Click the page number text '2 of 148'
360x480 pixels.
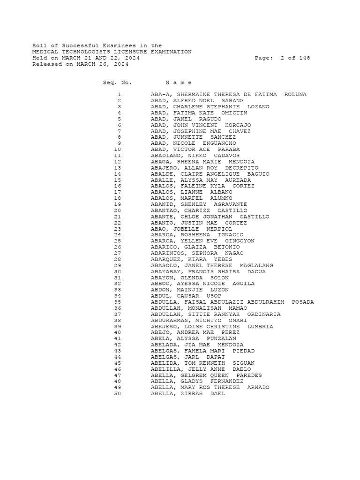tap(295, 58)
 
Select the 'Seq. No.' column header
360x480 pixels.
tap(117, 82)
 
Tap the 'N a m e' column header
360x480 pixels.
tap(179, 82)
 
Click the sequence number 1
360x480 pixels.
tap(119, 95)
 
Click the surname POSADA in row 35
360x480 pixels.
tap(303, 302)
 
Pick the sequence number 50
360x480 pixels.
tap(117, 394)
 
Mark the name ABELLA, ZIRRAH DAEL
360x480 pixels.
tap(187, 394)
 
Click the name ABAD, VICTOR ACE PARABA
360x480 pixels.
tap(195, 150)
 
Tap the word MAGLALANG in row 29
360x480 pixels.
tap(256, 266)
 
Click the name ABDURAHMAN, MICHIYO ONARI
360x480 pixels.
tap(199, 321)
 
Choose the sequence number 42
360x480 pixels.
tap(117, 345)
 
